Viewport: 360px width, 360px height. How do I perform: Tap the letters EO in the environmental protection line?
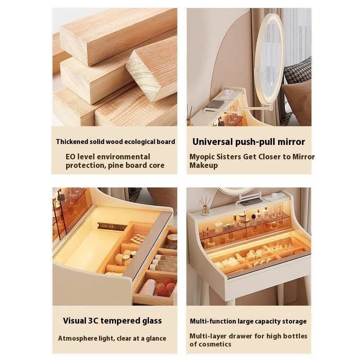click(71, 157)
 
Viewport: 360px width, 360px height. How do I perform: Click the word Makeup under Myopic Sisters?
click(203, 165)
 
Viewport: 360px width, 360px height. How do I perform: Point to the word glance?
click(155, 339)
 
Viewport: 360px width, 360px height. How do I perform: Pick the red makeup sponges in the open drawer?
click(165, 287)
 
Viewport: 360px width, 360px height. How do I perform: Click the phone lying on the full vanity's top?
click(251, 202)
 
